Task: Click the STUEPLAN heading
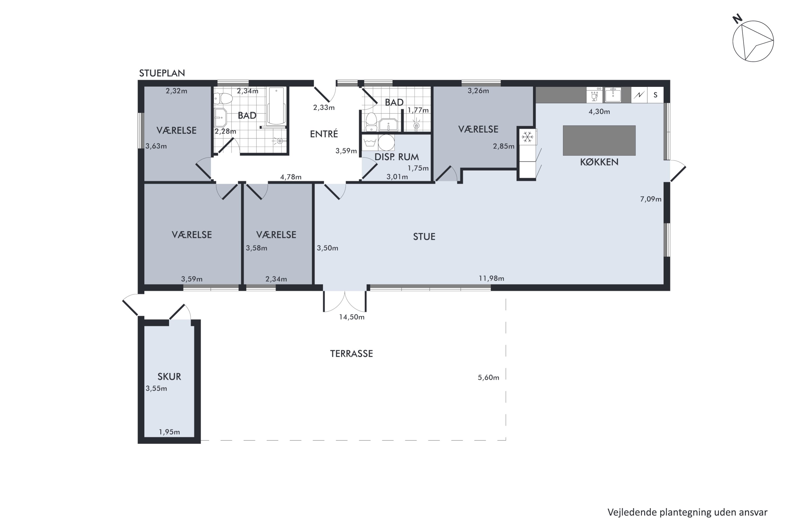click(x=162, y=73)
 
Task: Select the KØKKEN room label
click(x=599, y=162)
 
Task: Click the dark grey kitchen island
click(x=599, y=140)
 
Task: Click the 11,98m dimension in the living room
click(x=491, y=278)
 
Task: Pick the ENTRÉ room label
click(x=324, y=134)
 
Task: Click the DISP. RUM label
click(x=397, y=157)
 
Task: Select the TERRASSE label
click(x=351, y=354)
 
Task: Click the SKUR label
click(x=169, y=376)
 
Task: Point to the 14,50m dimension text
click(x=352, y=317)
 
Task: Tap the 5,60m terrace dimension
click(x=488, y=378)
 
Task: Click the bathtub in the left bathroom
click(x=276, y=106)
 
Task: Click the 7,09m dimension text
click(x=651, y=199)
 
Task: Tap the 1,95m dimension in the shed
click(x=169, y=432)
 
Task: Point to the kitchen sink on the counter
click(x=613, y=95)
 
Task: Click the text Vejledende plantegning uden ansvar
click(x=687, y=513)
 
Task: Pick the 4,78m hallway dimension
click(x=291, y=177)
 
